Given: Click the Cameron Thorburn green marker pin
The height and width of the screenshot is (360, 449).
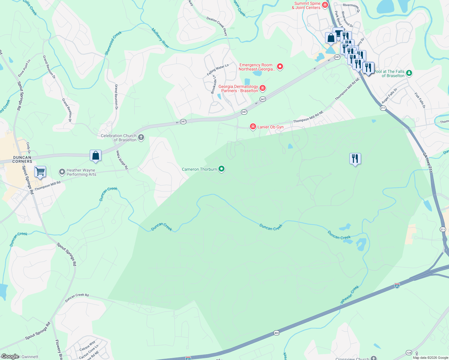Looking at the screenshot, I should pos(221,169).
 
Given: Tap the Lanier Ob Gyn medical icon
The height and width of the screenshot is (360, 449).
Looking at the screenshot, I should pos(253,127).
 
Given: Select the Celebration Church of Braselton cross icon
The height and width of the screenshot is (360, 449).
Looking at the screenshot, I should pos(141,138).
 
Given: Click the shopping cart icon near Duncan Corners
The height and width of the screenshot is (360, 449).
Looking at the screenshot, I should pos(40,172).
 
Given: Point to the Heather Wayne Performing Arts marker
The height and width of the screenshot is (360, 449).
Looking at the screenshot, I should pos(62,172).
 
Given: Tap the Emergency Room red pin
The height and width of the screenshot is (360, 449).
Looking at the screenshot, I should pos(280,67).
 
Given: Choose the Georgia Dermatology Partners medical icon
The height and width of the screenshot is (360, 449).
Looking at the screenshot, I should pos(263,88).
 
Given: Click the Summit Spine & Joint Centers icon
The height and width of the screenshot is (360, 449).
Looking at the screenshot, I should pos(325,5).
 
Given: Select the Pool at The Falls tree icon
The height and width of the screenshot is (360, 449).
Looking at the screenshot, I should pos(409,73).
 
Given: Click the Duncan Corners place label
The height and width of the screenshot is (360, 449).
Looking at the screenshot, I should pos(22,159).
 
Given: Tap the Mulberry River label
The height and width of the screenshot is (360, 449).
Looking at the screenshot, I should pos(160,38).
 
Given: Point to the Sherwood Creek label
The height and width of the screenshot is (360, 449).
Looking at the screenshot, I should pos(113,43).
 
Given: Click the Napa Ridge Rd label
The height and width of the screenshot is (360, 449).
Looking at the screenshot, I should pos(122,160).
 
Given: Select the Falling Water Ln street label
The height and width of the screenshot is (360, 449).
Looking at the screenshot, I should pos(218,70).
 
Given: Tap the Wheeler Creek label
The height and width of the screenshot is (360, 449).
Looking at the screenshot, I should pos(350,295).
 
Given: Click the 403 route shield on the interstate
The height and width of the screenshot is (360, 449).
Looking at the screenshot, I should pos(276,333).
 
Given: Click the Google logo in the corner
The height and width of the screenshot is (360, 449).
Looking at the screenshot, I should pos(10,356).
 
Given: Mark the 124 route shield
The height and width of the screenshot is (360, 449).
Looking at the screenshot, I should pos(409,352).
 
